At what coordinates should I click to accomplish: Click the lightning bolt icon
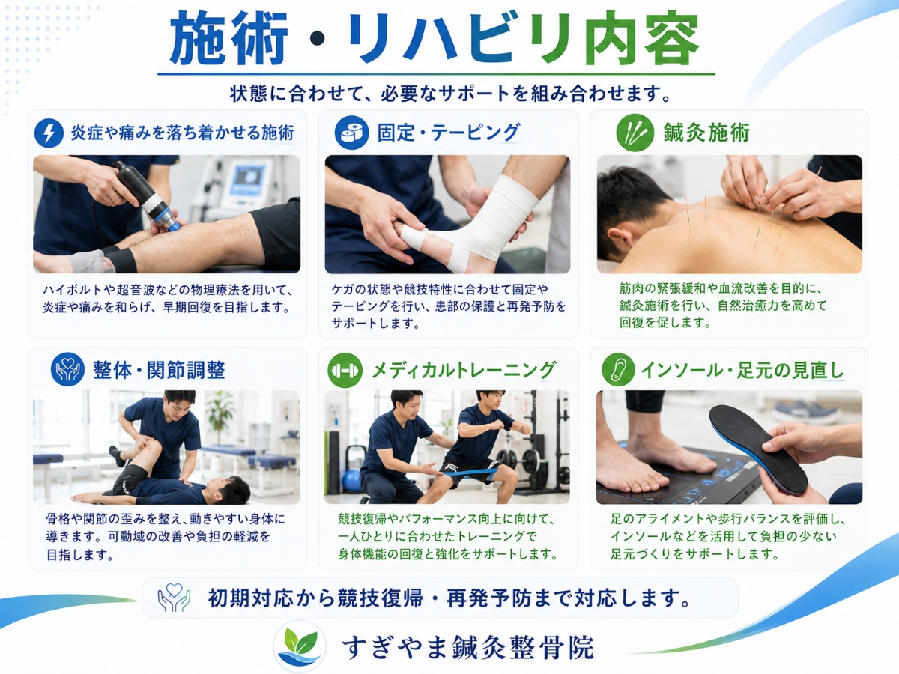[x=49, y=133]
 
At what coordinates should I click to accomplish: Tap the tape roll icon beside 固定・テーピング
[x=351, y=133]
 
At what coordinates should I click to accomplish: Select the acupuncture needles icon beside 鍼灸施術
[x=635, y=133]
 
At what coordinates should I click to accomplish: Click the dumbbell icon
[x=345, y=371]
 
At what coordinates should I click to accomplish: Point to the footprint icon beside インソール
[x=618, y=370]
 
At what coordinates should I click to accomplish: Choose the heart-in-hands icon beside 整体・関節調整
[x=67, y=369]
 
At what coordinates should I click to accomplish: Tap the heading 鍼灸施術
[x=706, y=133]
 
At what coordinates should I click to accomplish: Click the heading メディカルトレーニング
[x=464, y=371]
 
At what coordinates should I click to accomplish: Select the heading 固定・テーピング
[x=449, y=133]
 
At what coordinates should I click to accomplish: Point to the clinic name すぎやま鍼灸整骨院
[x=467, y=647]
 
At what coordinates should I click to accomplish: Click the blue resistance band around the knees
[x=471, y=473]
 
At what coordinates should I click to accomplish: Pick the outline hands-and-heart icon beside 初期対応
[x=174, y=598]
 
